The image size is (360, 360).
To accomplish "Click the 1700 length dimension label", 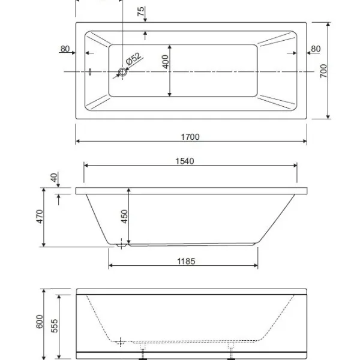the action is click(x=190, y=137).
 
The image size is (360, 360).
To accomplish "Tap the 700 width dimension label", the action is click(x=323, y=71).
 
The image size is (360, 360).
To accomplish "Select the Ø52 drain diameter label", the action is click(x=133, y=59).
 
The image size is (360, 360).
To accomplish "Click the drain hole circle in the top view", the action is click(x=122, y=72).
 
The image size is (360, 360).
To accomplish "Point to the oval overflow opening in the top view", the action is click(x=90, y=71).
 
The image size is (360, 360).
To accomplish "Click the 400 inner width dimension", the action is click(x=166, y=62).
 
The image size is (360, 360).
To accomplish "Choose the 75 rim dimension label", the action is click(x=141, y=11).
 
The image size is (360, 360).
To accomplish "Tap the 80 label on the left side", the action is click(x=65, y=49).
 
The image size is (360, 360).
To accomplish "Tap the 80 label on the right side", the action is click(x=316, y=49).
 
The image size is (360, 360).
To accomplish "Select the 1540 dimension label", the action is click(x=185, y=161).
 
